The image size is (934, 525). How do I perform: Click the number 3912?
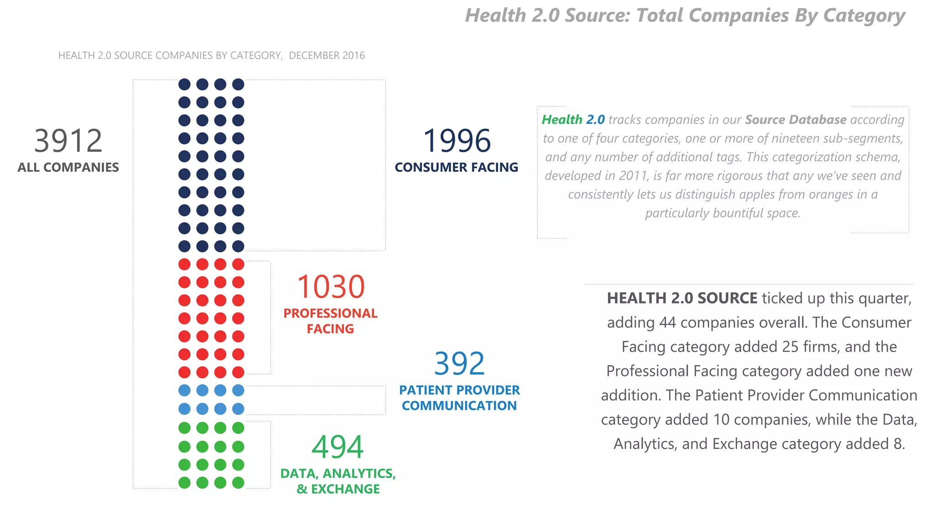coord(68,141)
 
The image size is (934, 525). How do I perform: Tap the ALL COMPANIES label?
coord(68,167)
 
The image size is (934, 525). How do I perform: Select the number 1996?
coord(457,141)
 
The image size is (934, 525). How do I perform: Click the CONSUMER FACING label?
coord(457,167)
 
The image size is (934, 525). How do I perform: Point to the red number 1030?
coord(331,287)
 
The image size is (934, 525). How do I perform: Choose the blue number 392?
coord(459,364)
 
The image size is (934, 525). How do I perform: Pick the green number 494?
coord(337,447)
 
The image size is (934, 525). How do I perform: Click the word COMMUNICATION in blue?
coord(459,406)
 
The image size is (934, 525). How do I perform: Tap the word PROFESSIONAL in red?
coord(330,313)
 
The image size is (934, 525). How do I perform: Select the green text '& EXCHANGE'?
coord(338,489)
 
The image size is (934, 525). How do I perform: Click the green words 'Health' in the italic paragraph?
coord(562,120)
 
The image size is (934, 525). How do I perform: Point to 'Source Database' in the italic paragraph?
coord(796,120)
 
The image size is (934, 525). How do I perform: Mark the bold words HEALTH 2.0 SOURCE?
coord(682,298)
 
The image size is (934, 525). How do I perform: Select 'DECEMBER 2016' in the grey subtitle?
coord(327,56)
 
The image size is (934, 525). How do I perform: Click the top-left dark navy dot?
coord(184,84)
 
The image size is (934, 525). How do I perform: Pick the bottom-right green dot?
coord(238,483)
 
